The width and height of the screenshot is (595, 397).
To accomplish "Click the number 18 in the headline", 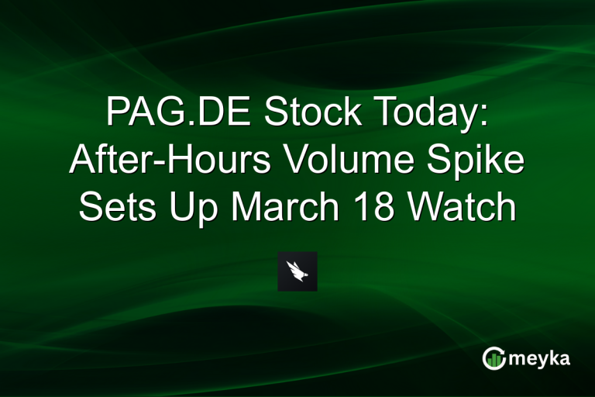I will coord(387,208).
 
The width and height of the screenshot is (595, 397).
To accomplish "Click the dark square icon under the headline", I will coord(297,271).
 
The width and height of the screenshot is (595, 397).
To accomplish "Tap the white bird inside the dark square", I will coord(297,271).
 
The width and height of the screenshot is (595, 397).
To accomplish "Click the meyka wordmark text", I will coord(540,358).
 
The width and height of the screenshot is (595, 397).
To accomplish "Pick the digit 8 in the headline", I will coord(397,208).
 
